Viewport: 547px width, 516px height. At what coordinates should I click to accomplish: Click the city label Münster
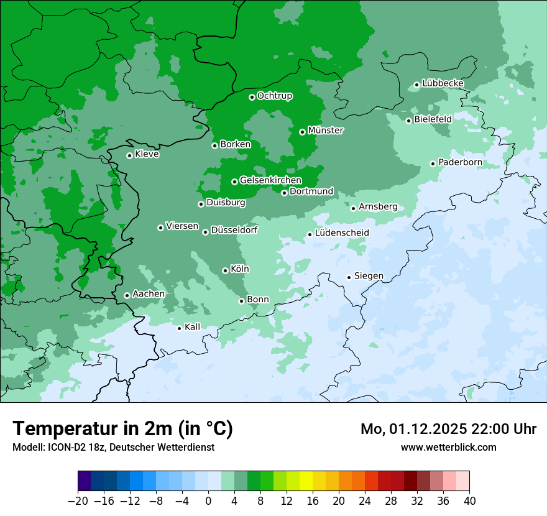pos(326,131)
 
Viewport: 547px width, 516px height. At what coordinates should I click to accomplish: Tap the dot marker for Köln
pos(225,270)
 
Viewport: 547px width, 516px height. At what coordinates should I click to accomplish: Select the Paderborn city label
pos(460,162)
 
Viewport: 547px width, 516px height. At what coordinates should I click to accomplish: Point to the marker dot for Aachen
pos(127,295)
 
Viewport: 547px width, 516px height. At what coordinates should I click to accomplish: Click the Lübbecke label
pos(443,83)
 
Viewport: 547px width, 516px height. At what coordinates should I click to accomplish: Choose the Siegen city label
pos(369,276)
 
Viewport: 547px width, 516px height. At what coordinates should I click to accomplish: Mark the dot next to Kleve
pos(129,155)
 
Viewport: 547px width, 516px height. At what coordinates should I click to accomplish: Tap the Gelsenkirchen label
pos(270,180)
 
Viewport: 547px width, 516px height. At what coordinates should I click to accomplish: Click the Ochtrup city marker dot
pos(252,97)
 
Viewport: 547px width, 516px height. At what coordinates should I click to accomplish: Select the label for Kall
pos(193,327)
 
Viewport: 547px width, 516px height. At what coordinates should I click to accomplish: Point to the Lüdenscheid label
pos(342,233)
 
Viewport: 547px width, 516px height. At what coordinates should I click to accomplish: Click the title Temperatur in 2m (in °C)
pos(122,428)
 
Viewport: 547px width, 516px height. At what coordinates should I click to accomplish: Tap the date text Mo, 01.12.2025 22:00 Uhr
pos(448,429)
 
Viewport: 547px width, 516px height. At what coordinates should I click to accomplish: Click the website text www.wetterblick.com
pos(448,447)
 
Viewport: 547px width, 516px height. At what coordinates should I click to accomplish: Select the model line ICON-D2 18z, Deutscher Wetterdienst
pos(113,447)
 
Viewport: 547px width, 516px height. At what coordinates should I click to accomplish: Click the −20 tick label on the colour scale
pos(78,501)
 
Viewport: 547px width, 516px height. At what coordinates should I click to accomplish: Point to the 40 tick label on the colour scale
pos(469,501)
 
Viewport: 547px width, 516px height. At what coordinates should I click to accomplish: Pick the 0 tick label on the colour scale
pos(208,501)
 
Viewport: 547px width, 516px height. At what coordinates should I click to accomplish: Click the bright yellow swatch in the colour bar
pos(306,481)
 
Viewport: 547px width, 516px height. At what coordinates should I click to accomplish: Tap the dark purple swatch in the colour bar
pos(85,481)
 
